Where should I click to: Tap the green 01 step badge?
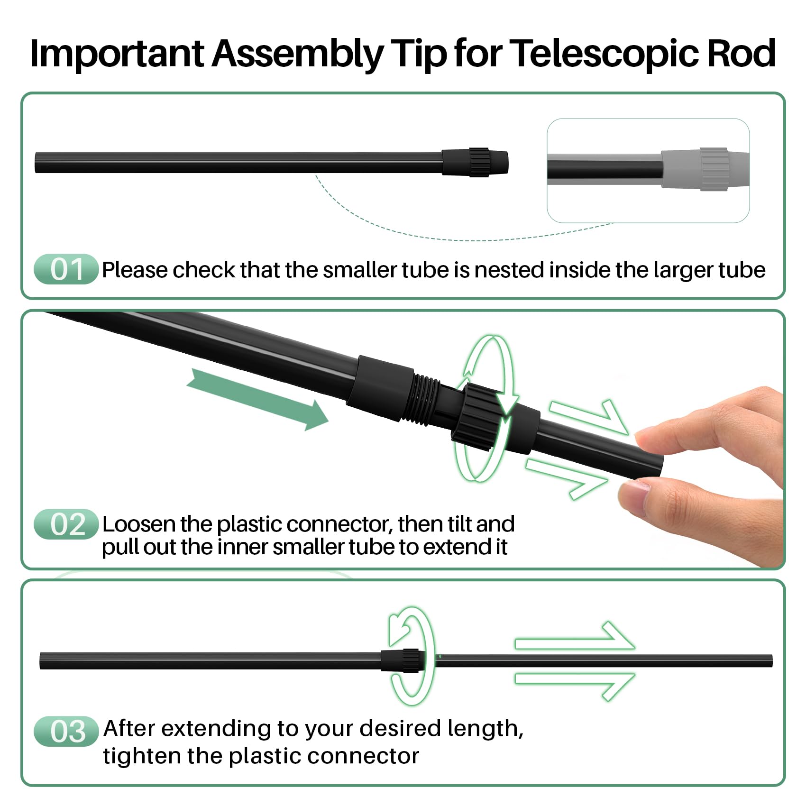click(66, 269)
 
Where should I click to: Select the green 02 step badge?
click(66, 524)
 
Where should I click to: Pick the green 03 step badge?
click(66, 731)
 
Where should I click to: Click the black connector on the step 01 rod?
click(475, 162)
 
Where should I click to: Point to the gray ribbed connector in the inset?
click(714, 169)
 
